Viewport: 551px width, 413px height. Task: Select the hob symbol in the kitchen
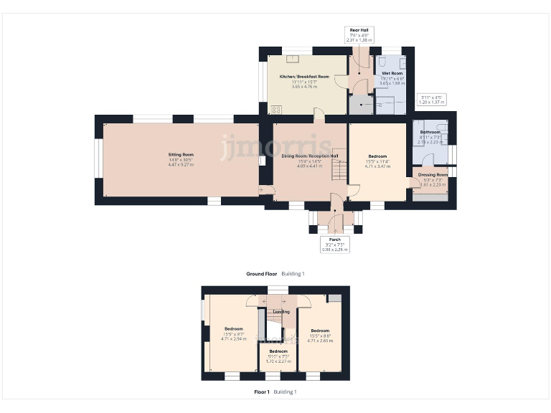(x=275, y=110)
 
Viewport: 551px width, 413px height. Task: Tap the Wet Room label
(x=392, y=74)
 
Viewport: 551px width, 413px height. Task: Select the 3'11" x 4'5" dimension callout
(x=433, y=100)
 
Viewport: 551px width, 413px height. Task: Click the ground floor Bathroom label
(x=430, y=133)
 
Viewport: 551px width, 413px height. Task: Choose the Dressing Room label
(x=433, y=175)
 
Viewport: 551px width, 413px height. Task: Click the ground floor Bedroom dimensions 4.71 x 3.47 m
(x=377, y=166)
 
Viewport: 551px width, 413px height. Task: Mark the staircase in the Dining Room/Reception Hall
(x=336, y=171)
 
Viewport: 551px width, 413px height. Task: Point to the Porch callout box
(x=334, y=245)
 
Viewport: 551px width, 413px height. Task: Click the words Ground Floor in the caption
(x=261, y=274)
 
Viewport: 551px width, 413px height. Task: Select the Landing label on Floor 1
(x=281, y=312)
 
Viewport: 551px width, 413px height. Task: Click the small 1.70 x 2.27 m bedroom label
(x=277, y=361)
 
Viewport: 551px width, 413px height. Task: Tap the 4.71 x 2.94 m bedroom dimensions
(x=233, y=338)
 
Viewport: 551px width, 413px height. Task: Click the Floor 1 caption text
(x=262, y=392)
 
